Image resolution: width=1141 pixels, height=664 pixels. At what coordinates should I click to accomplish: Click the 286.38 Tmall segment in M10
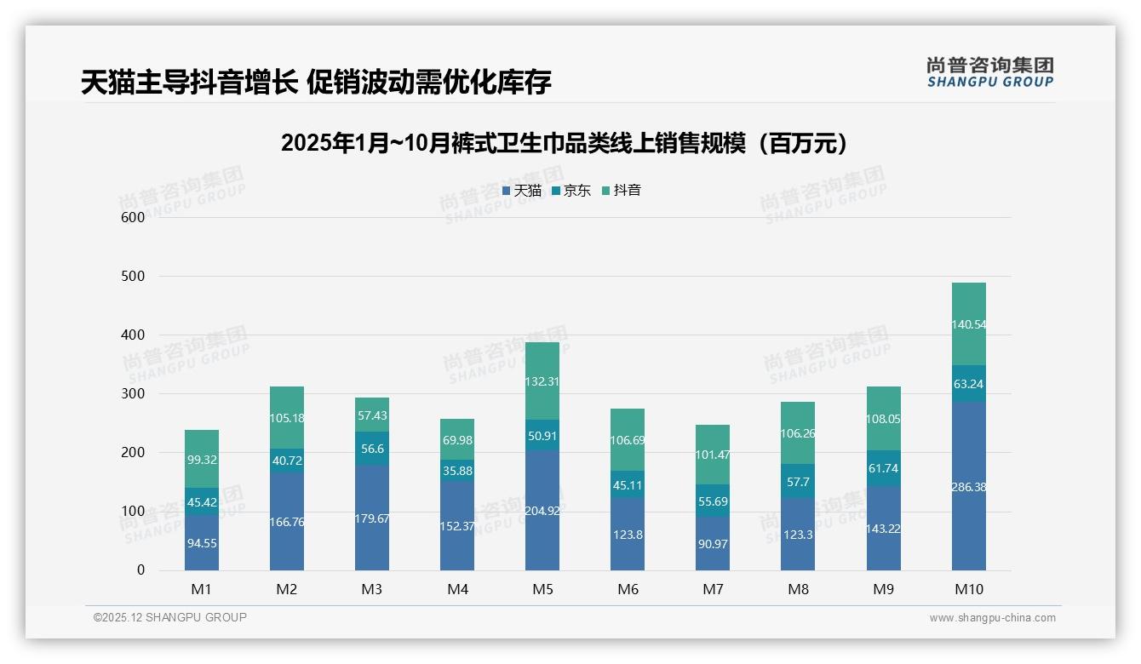coord(968,486)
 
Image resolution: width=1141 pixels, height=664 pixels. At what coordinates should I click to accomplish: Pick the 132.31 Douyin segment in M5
coord(542,381)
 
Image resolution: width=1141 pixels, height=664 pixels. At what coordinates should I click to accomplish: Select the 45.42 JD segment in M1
coord(202,501)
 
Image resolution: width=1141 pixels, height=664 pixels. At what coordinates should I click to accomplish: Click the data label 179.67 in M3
coord(372,518)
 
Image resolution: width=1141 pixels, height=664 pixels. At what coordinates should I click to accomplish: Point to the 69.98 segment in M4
coord(457,440)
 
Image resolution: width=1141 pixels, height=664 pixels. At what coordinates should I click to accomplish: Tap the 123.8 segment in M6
coord(628,535)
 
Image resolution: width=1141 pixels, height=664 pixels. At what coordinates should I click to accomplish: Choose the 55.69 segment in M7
coord(713,501)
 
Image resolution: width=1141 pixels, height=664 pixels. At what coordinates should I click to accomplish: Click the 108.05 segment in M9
coord(883,419)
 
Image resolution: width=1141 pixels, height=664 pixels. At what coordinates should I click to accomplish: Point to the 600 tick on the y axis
coord(133,217)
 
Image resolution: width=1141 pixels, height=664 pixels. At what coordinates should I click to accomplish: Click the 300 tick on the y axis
coord(133,394)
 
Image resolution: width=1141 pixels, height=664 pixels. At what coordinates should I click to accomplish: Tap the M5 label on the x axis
coord(542,589)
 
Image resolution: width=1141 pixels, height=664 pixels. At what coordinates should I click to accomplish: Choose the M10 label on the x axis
coord(968,589)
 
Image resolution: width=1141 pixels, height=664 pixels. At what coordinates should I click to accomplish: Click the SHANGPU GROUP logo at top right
coord(989,72)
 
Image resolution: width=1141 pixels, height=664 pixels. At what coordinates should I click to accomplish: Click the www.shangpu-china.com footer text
coord(992,618)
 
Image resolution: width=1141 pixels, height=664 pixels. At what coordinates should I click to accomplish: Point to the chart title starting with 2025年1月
coord(566,143)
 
